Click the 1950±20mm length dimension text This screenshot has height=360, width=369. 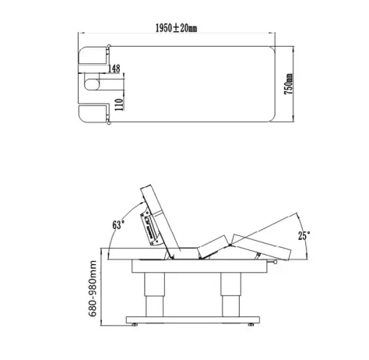click(x=176, y=28)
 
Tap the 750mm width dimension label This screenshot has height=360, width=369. click(x=289, y=84)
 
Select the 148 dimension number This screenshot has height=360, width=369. click(x=114, y=69)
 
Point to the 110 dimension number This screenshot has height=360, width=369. click(x=119, y=104)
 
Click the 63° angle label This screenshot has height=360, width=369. click(x=118, y=224)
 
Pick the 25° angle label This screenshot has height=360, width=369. click(x=304, y=235)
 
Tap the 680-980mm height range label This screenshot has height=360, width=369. click(x=93, y=288)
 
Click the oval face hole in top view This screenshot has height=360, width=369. click(x=92, y=84)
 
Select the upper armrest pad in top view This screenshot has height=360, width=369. click(x=93, y=55)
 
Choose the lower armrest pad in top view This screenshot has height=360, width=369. click(x=93, y=113)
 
